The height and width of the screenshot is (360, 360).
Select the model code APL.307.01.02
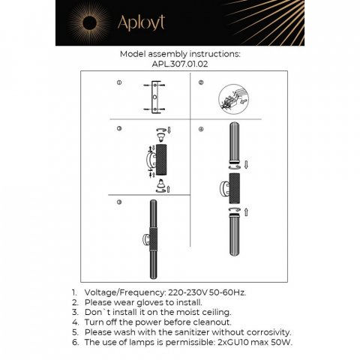tap(180, 64)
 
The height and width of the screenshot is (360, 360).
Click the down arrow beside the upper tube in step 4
tap(245, 163)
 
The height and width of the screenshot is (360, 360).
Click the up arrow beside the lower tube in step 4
tap(245, 213)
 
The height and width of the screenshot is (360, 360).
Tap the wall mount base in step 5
tap(143, 241)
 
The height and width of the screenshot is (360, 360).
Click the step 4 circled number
tap(202, 129)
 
